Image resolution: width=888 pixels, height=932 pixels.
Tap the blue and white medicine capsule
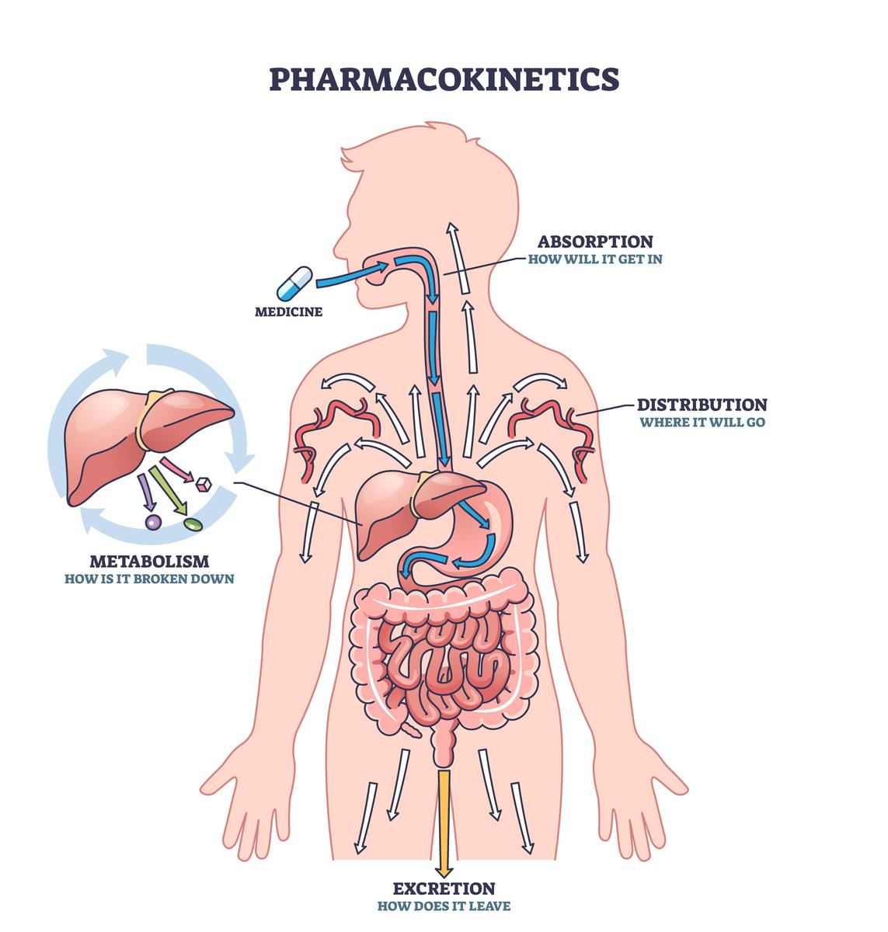[x=294, y=283]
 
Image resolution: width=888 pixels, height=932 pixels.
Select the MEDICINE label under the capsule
[x=288, y=312]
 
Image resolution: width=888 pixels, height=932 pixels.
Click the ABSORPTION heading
[x=595, y=242]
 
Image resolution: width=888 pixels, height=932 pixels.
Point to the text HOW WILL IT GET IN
[x=595, y=259]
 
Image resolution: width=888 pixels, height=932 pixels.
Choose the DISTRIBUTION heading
[x=702, y=405]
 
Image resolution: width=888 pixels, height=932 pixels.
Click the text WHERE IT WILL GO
[x=702, y=423]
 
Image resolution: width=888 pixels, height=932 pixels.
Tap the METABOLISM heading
[x=149, y=562]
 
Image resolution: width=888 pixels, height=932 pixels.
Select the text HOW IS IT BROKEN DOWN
[x=149, y=579]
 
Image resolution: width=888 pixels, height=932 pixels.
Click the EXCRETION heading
[x=444, y=889]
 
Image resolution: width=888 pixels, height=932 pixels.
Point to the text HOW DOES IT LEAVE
[x=444, y=906]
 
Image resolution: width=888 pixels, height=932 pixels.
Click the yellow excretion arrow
[x=444, y=824]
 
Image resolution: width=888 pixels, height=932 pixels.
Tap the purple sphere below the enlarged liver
[x=153, y=523]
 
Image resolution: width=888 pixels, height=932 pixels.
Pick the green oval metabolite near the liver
[x=193, y=524]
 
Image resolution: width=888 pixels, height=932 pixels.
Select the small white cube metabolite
[x=204, y=485]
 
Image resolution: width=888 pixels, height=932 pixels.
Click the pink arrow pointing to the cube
[x=176, y=470]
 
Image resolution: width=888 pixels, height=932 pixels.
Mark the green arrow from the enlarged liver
[x=168, y=490]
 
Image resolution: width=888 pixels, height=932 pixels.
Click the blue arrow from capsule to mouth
[x=352, y=276]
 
